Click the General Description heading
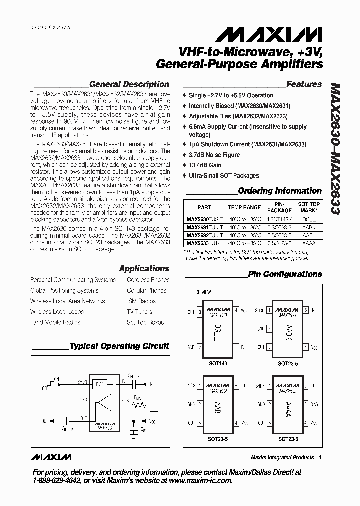(x=129, y=84)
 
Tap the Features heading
(x=304, y=84)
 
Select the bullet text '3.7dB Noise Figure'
(x=214, y=155)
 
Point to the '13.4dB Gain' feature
(x=205, y=165)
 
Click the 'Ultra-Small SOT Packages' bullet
(x=224, y=176)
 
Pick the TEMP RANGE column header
(x=244, y=207)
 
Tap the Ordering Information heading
(x=279, y=191)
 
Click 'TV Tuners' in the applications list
(x=139, y=312)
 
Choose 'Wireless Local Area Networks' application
(x=67, y=301)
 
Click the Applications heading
(x=144, y=269)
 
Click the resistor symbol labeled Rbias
(x=138, y=406)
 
